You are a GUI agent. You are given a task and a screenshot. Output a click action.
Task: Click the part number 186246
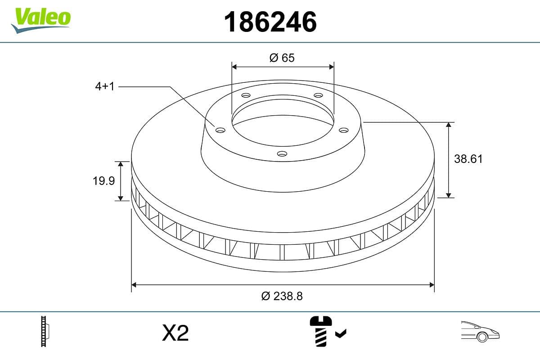pyautogui.click(x=270, y=22)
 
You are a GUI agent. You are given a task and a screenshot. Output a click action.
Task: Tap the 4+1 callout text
pyautogui.click(x=104, y=86)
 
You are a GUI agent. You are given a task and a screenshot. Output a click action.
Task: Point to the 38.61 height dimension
pyautogui.click(x=468, y=159)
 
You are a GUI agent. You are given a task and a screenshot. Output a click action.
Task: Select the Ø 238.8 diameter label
pyautogui.click(x=282, y=296)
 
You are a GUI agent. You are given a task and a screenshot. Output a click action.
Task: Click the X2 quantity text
pyautogui.click(x=175, y=333)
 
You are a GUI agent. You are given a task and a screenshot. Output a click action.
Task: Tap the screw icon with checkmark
pyautogui.click(x=326, y=332)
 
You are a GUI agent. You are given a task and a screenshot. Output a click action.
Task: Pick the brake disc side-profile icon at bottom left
pyautogui.click(x=45, y=331)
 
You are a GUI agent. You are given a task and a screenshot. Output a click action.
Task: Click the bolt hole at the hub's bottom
pyautogui.click(x=282, y=154)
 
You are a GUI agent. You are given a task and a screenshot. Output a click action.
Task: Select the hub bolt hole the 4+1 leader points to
pyautogui.click(x=220, y=130)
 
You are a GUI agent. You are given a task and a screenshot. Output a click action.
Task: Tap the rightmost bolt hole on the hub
pyautogui.click(x=344, y=130)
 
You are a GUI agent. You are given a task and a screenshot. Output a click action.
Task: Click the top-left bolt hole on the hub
pyautogui.click(x=246, y=95)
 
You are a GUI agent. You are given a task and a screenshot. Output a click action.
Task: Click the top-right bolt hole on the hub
pyautogui.click(x=319, y=95)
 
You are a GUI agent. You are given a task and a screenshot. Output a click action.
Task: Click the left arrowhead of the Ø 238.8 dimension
pyautogui.click(x=134, y=284)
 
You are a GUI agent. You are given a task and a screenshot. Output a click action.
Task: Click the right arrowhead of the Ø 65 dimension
pyautogui.click(x=332, y=67)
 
